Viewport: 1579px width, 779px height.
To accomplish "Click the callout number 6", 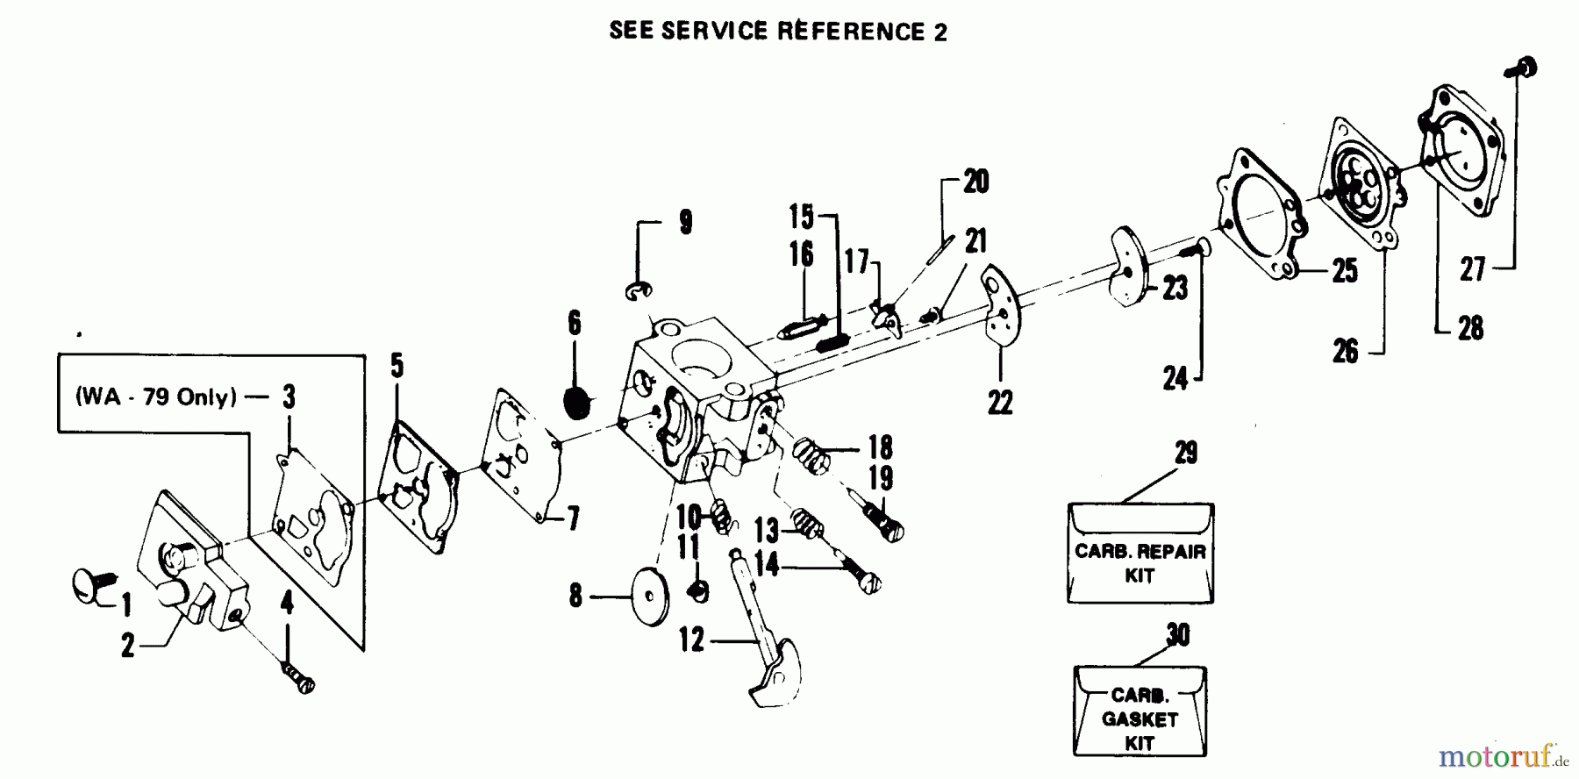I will click(x=574, y=323).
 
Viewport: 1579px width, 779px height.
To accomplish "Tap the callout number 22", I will click(x=999, y=403).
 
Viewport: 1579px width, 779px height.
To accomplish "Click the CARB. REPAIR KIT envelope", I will click(x=1140, y=554).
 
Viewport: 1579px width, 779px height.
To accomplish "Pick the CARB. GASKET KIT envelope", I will click(x=1140, y=711).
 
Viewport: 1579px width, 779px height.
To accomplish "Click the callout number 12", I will click(x=691, y=640).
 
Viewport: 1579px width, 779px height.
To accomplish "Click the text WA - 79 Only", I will click(x=156, y=397).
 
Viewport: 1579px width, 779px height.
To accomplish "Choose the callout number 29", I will click(x=1185, y=454).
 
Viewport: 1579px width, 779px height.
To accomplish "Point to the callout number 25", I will click(x=1345, y=271).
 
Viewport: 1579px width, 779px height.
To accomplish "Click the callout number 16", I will click(x=801, y=254).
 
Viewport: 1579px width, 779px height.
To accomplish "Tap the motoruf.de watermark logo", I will click(x=1490, y=755).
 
